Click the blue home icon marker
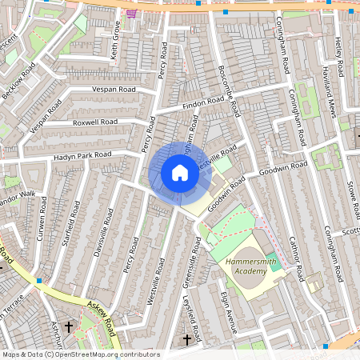[180, 173]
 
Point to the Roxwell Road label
[94, 122]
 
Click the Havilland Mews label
[328, 92]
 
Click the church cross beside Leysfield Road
[187, 339]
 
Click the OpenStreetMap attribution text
[80, 354]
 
